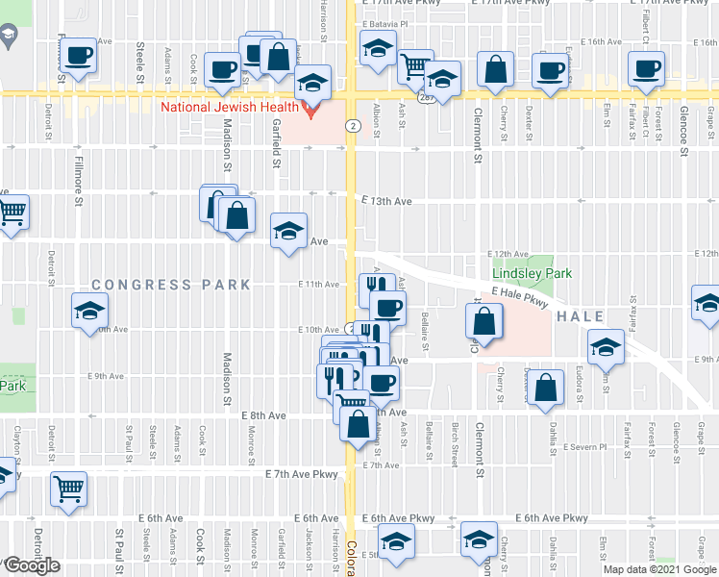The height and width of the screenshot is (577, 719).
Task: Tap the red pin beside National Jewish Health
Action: pyautogui.click(x=309, y=109)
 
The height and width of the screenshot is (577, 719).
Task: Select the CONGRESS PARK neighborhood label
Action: pyautogui.click(x=171, y=285)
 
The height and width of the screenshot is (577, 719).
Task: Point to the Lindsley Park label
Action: pyautogui.click(x=533, y=273)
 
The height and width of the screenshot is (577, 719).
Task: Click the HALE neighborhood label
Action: pyautogui.click(x=593, y=316)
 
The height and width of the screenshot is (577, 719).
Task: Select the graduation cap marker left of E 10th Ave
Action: pyautogui.click(x=89, y=310)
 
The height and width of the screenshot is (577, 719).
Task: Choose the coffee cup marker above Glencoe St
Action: pyautogui.click(x=646, y=67)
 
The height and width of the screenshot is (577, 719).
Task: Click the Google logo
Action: pyautogui.click(x=33, y=565)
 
